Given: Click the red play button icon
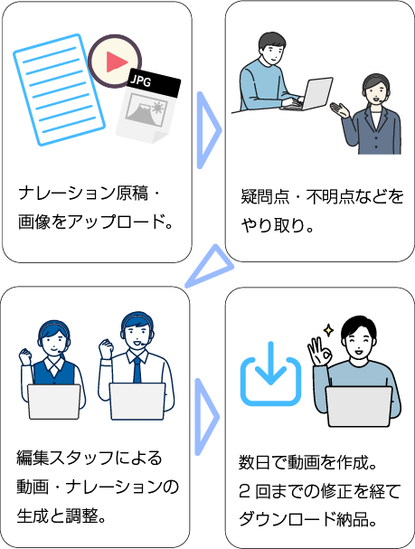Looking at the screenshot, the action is [115, 62].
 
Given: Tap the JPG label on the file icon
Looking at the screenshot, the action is [141, 80].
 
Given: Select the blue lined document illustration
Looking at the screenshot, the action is [59, 90].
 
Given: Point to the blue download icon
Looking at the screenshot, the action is [270, 374].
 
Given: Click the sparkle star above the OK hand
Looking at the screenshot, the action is [328, 330].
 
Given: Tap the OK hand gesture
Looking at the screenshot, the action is [318, 352].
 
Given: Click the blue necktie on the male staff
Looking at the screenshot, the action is [137, 370].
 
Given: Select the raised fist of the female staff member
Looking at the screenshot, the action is [25, 356].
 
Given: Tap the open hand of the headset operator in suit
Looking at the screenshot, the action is [339, 110].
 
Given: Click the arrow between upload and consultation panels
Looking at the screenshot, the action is [209, 130].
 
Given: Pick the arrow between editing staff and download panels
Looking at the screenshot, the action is [206, 417].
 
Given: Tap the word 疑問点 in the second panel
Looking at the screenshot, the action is [265, 196].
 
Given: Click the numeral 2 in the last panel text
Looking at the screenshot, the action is [245, 491].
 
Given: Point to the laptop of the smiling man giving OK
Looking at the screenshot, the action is [359, 406].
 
